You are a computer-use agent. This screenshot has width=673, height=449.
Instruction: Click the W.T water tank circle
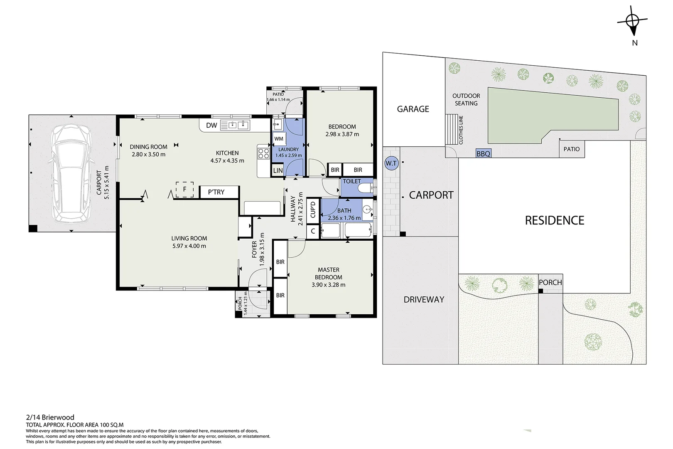coord(391,164)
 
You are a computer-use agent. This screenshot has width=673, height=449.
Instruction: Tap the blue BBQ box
coord(484,153)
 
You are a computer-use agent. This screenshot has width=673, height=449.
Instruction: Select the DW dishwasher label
coord(211,126)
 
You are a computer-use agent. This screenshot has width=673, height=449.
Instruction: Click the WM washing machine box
coord(279,139)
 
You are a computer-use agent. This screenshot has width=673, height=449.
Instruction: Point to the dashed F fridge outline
coord(184,190)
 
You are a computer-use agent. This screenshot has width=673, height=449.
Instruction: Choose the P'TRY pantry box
coord(219,192)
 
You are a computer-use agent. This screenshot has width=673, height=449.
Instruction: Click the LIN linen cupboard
coord(278,170)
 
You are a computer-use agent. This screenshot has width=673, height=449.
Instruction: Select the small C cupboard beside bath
coord(313,231)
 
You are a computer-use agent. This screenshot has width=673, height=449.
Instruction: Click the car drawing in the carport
coord(71,173)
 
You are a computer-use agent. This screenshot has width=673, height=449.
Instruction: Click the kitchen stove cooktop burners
coord(263,153)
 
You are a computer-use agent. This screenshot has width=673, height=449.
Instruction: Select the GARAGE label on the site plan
coord(413,109)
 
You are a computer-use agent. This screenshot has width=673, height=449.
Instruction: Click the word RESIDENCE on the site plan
coord(554,220)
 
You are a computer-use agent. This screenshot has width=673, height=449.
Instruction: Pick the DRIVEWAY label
coord(424,299)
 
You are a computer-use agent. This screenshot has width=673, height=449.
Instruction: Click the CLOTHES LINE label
coord(461,130)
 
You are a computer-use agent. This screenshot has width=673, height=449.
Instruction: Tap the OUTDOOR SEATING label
coord(466,99)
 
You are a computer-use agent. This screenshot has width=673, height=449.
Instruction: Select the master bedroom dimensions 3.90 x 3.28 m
coord(328,285)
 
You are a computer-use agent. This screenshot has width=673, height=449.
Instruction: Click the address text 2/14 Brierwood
coord(50,417)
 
